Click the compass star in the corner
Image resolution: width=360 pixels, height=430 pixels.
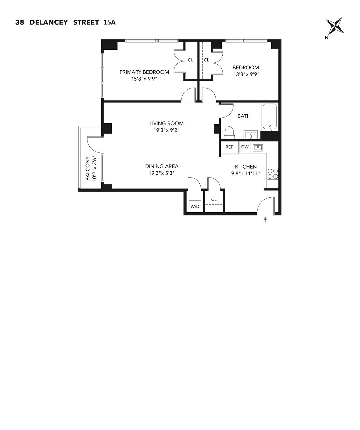tap(335, 26)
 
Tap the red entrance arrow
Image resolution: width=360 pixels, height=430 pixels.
tap(265, 220)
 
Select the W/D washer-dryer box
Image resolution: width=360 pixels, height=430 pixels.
tap(195, 206)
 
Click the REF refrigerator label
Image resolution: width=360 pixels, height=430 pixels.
tap(229, 147)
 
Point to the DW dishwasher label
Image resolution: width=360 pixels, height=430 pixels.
tap(245, 147)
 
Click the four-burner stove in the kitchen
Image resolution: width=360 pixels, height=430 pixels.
tap(273, 173)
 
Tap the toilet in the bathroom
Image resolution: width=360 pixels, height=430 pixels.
tap(229, 133)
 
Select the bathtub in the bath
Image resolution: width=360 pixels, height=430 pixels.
tap(269, 117)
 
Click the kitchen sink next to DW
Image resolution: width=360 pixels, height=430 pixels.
tap(258, 147)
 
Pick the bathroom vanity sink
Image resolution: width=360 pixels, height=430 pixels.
tap(251, 135)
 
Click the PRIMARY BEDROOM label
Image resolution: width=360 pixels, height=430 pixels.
tap(144, 72)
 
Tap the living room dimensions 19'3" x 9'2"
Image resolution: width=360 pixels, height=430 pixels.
tap(166, 130)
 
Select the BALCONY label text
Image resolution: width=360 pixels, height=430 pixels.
tap(88, 168)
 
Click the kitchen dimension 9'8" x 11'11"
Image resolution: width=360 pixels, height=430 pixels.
tap(246, 173)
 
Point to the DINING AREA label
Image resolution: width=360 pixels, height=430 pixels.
tap(162, 166)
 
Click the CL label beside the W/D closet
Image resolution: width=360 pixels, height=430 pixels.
tap(214, 199)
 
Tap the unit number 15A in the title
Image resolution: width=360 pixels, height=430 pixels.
tap(109, 22)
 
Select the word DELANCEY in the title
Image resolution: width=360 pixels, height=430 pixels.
tap(49, 22)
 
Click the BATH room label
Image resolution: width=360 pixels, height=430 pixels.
tap(244, 116)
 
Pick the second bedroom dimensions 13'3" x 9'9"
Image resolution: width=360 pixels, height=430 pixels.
tap(246, 74)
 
